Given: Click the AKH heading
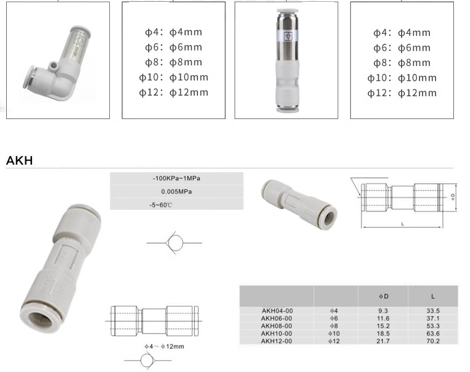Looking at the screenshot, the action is point(20,160).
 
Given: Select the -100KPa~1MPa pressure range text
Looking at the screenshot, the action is point(176,178).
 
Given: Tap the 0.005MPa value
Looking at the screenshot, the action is point(176,191).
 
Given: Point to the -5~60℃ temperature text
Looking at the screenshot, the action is point(161,205).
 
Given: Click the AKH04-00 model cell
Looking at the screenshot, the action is point(277,311).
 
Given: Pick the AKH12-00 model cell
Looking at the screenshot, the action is point(276,341).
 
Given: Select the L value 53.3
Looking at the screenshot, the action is point(433,326).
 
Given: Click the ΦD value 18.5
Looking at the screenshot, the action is point(383,333).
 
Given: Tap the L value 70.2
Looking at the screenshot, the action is point(433,341).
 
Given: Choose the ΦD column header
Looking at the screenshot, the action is point(384,296).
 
